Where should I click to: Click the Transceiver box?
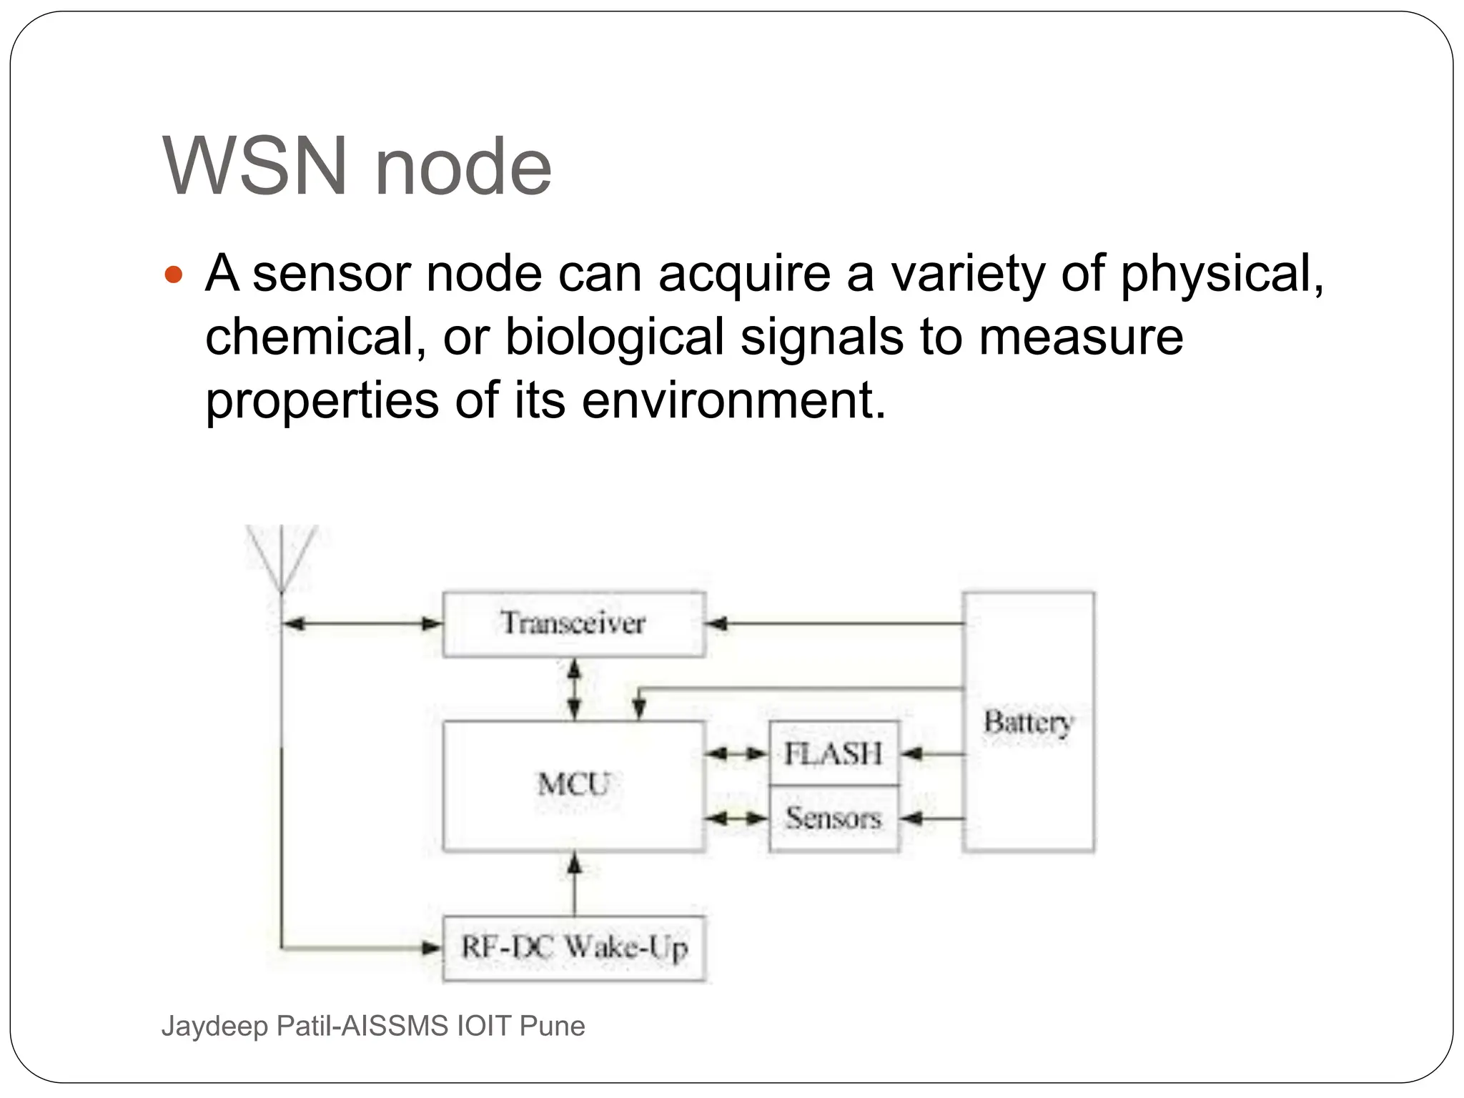pyautogui.click(x=574, y=623)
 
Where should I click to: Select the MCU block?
pyautogui.click(x=574, y=785)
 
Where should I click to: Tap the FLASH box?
pyautogui.click(x=834, y=753)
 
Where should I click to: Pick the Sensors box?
pyautogui.click(x=834, y=818)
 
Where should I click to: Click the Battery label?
pyautogui.click(x=1028, y=722)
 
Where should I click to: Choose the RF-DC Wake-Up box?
pyautogui.click(x=574, y=948)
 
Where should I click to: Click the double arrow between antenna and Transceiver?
pyautogui.click(x=362, y=624)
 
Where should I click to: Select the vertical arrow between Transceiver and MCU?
pyautogui.click(x=574, y=689)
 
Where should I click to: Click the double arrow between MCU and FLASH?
pyautogui.click(x=737, y=753)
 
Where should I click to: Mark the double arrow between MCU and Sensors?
pyautogui.click(x=737, y=818)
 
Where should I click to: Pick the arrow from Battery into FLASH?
pyautogui.click(x=931, y=753)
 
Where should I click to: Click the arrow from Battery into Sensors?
pyautogui.click(x=931, y=818)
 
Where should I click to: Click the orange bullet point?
pyautogui.click(x=174, y=274)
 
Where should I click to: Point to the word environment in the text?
pyautogui.click(x=733, y=400)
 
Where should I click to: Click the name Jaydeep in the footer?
pyautogui.click(x=214, y=1026)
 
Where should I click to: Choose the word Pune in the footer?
pyautogui.click(x=552, y=1026)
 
